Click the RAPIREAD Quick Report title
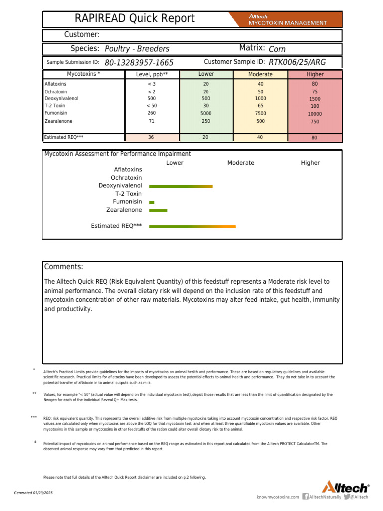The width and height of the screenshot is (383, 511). coord(135,19)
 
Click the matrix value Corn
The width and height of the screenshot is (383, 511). coord(277,49)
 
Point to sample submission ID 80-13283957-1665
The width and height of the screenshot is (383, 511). coord(139,63)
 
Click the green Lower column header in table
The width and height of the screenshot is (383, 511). coord(206,74)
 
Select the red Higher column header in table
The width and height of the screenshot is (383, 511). coord(315,74)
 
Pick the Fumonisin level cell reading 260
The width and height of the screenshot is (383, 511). coord(151,113)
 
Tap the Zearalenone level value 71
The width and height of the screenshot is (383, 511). coord(151,121)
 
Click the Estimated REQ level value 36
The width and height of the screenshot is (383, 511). coord(151,138)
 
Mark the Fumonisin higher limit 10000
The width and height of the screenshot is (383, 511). coord(315,114)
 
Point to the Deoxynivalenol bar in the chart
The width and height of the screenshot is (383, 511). coord(181,186)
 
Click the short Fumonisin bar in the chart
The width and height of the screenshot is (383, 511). coord(152,202)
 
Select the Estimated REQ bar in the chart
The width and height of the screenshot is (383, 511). coord(192,226)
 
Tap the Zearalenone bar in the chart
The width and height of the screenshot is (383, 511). coord(158,210)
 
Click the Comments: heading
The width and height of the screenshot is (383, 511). coord(64,267)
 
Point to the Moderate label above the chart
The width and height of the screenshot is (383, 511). coord(241,163)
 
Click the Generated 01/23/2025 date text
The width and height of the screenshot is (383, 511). coord(33,493)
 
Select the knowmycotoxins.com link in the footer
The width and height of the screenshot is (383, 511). coord(278,497)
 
